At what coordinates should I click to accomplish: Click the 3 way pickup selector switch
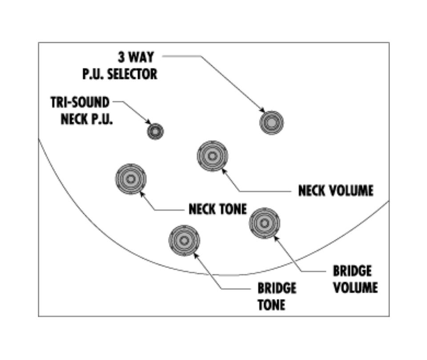coord(272,122)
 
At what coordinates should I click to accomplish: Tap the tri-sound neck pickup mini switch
coord(155,131)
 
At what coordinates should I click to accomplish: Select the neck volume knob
coord(212,156)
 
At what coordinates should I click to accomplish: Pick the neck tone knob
coord(131,179)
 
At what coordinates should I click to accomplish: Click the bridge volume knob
coord(265,222)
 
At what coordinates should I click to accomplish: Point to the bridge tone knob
coord(184,240)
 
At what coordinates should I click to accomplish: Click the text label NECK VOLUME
coord(335,191)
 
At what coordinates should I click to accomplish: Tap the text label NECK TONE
coord(217,209)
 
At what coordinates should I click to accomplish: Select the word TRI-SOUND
coord(80,103)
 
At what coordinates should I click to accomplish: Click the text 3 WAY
coord(136,57)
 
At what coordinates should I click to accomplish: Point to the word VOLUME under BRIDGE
coord(355,287)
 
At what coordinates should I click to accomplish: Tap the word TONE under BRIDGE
coord(271,305)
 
